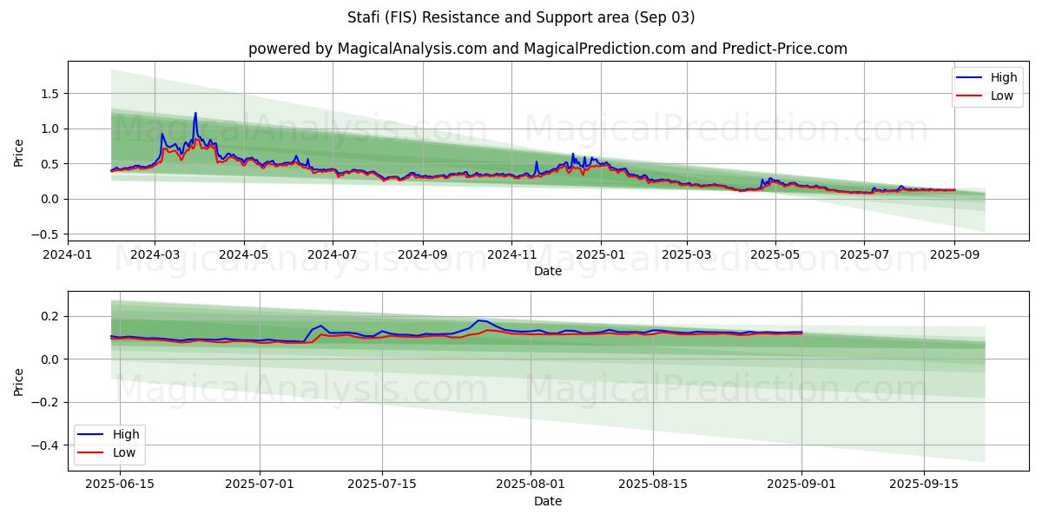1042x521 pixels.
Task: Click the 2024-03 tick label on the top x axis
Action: point(155,254)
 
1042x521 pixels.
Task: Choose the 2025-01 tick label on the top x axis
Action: point(599,254)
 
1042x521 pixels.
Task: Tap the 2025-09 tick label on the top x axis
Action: point(954,254)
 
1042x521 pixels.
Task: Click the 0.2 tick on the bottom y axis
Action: point(51,316)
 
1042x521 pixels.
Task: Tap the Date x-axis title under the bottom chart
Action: point(547,501)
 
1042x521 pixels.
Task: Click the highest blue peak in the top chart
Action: point(195,113)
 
